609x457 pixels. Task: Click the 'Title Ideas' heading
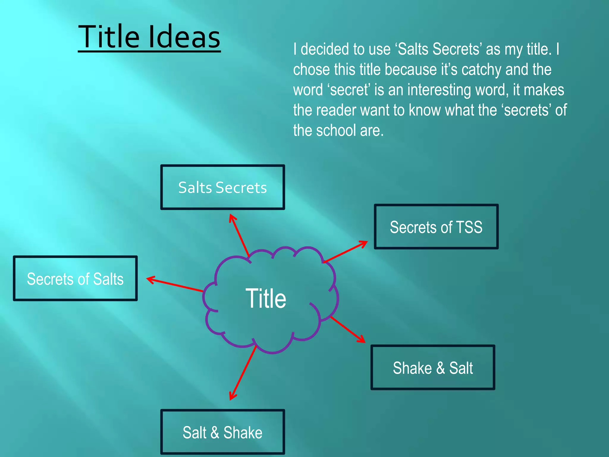click(x=149, y=37)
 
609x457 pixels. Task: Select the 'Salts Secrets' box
click(x=222, y=187)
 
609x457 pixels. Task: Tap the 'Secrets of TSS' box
click(x=436, y=227)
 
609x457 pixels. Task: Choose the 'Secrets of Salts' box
click(x=75, y=278)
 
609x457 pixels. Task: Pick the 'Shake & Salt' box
click(x=433, y=367)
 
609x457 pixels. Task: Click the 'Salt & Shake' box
click(x=222, y=432)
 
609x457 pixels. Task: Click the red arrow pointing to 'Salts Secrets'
click(x=240, y=235)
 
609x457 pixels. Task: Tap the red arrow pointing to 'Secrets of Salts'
click(x=175, y=284)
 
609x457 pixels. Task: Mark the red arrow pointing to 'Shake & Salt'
click(x=348, y=329)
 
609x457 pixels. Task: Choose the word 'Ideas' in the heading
click(x=184, y=37)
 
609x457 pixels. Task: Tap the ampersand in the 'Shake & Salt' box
click(x=440, y=368)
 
